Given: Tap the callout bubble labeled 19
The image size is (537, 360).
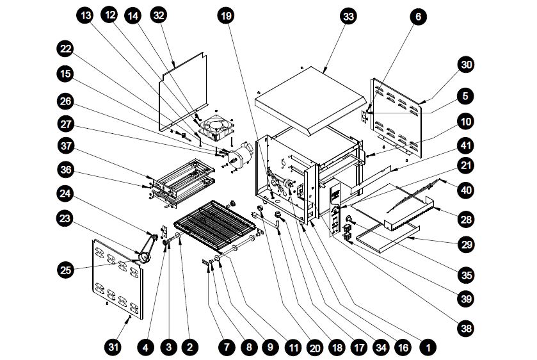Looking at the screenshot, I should pos(225,15).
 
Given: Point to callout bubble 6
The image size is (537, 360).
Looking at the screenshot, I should pos(417,18).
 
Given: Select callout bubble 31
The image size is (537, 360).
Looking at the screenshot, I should pos(113,348).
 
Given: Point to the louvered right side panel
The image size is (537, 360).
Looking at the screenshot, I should pos(397,119).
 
